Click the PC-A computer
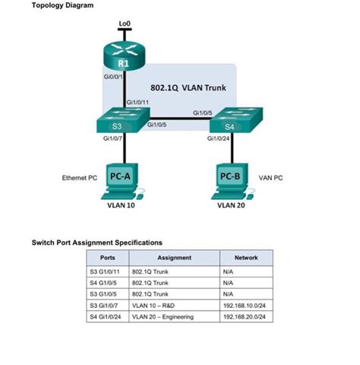click(123, 179)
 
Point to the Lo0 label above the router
click(124, 23)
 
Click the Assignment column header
click(173, 258)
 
